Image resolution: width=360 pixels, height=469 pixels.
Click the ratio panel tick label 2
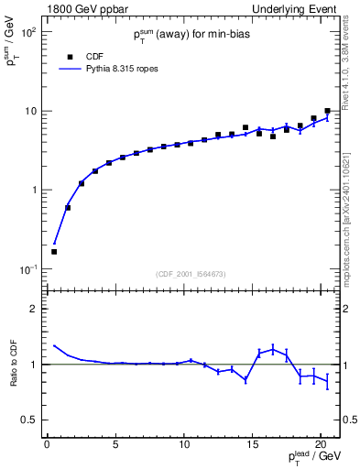(33, 309)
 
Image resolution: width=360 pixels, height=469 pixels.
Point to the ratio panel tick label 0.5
(27, 420)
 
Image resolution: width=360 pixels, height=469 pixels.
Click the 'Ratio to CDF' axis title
(11, 364)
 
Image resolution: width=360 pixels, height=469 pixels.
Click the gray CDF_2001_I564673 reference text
(191, 273)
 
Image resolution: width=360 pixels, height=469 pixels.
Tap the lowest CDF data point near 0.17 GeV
(53, 251)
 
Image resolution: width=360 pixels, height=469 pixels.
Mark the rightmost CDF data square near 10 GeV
(327, 111)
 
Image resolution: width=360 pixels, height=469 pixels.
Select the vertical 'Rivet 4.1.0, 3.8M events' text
(348, 78)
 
